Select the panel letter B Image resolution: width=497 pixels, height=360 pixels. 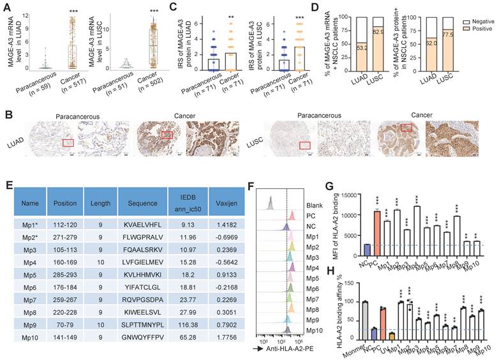coord(7,114)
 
